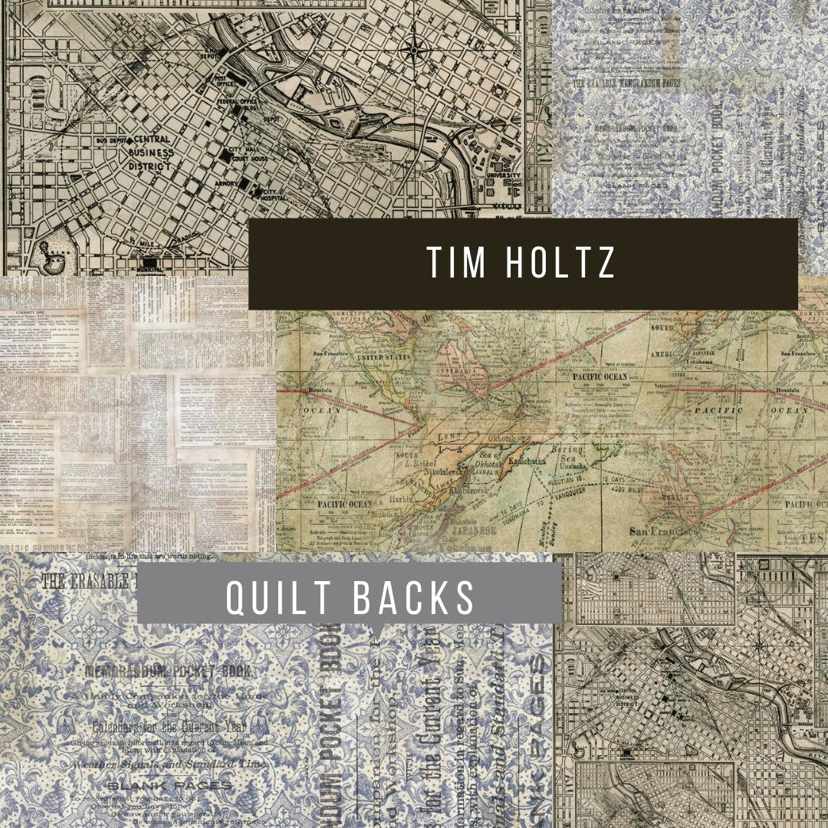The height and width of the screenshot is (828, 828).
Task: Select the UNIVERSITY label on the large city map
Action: (501, 176)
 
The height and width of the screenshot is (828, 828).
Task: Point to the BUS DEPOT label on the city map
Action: (111, 142)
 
